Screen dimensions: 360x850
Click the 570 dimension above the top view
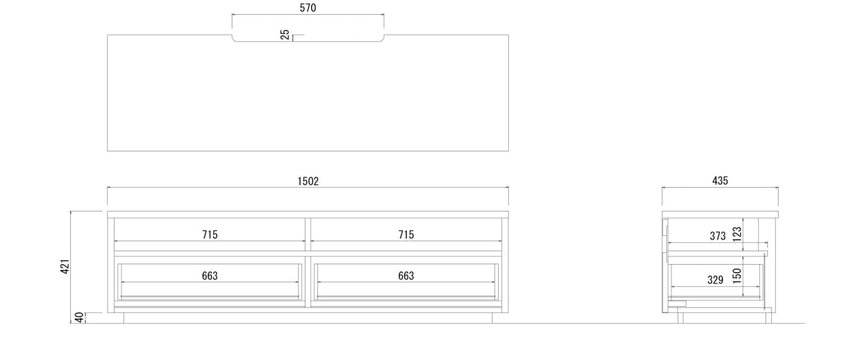(308, 8)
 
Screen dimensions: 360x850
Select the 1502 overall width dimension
(308, 182)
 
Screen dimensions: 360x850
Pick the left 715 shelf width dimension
(210, 235)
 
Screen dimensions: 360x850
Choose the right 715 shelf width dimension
(406, 235)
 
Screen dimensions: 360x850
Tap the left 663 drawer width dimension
(210, 276)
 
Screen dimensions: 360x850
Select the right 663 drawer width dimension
(406, 276)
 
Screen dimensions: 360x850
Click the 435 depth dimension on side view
(720, 182)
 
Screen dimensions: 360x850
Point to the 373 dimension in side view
(717, 236)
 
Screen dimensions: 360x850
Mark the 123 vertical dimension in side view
(737, 233)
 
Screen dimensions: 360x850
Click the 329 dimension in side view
(715, 280)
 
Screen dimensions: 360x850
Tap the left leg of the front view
(125, 318)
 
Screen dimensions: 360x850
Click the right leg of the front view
(491, 318)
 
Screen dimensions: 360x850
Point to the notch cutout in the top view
(308, 38)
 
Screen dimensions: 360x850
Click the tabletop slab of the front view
(308, 214)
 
